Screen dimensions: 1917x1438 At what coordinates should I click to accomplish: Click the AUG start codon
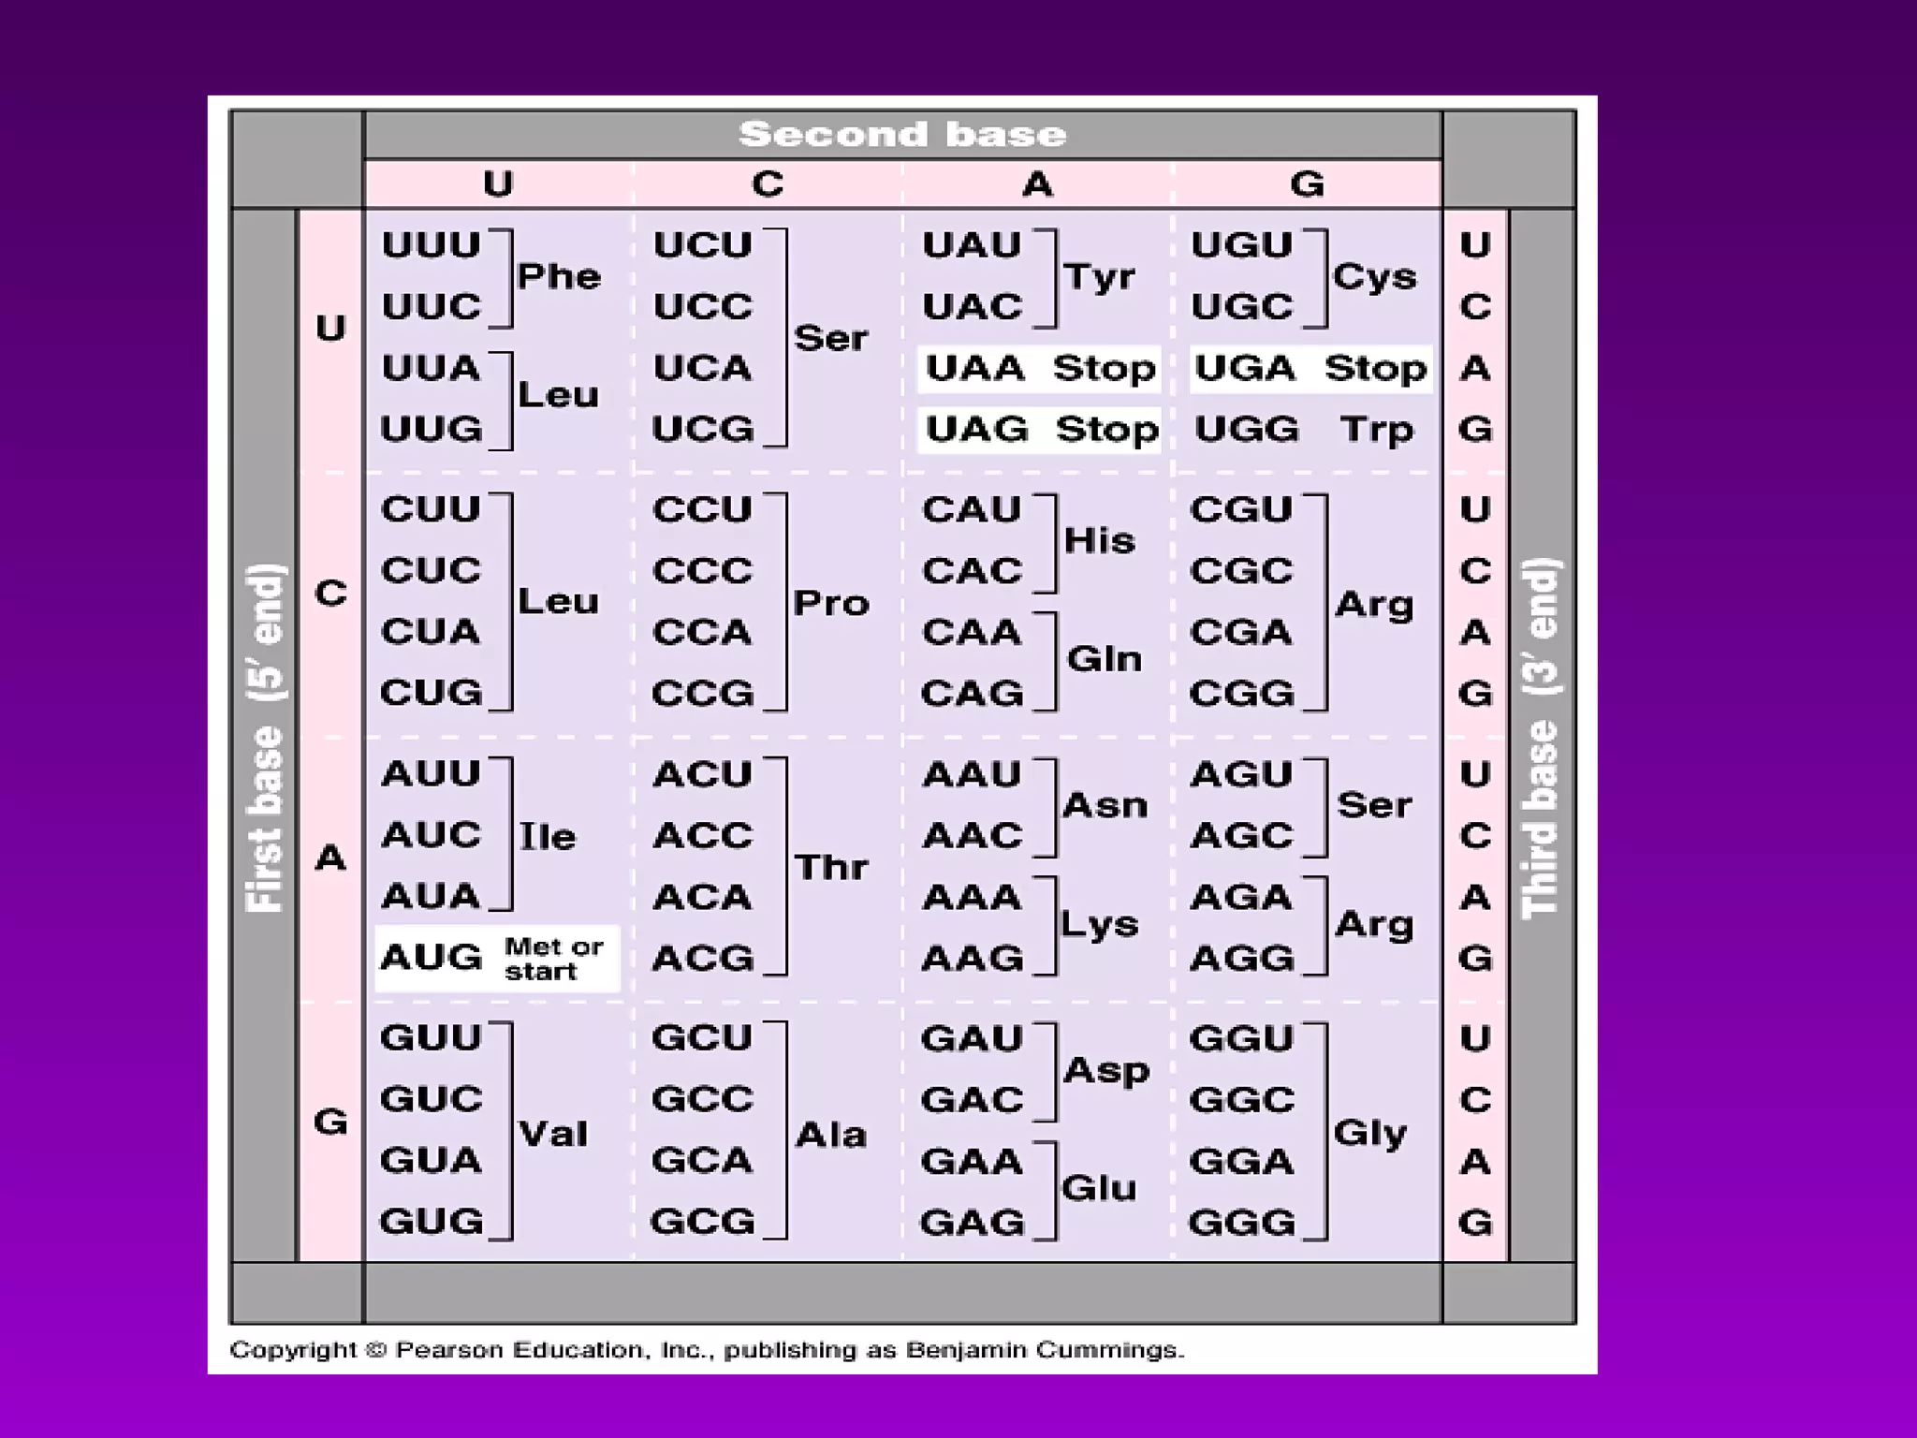(x=431, y=958)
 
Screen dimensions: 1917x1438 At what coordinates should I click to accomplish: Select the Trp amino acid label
(x=1375, y=430)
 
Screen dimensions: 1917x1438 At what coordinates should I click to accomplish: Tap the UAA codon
(x=974, y=369)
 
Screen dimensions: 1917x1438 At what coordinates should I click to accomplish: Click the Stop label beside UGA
(x=1375, y=369)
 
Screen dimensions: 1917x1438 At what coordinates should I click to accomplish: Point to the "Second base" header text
(x=902, y=134)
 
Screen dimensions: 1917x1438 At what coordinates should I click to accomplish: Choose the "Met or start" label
(x=553, y=959)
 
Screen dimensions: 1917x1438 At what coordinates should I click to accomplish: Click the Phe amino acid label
(x=559, y=276)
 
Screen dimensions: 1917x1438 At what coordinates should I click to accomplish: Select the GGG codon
(x=1242, y=1223)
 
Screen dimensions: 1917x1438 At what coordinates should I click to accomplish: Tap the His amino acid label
(x=1100, y=540)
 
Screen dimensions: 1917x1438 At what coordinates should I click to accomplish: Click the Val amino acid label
(x=553, y=1134)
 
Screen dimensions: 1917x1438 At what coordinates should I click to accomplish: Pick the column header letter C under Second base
(x=768, y=183)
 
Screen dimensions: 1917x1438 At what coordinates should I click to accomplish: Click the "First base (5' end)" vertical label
(x=265, y=738)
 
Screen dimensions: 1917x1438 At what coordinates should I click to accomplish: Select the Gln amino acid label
(x=1105, y=659)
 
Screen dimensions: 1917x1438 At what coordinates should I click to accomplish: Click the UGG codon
(x=1247, y=430)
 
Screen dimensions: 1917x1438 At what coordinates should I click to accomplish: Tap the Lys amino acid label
(x=1100, y=925)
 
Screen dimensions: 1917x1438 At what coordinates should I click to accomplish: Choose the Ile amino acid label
(x=548, y=836)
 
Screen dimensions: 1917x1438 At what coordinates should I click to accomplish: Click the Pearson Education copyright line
(x=707, y=1350)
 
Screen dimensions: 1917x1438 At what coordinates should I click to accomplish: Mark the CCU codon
(x=702, y=509)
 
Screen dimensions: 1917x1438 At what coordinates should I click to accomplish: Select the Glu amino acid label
(x=1099, y=1189)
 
